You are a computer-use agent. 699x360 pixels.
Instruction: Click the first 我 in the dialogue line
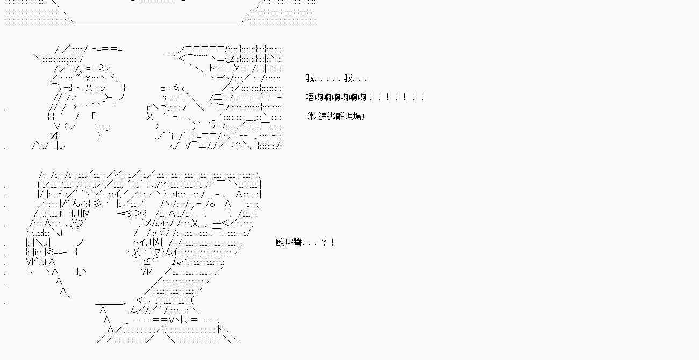coord(310,78)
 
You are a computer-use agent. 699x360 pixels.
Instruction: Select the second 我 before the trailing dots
coord(348,78)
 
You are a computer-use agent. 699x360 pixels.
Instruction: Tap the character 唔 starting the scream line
coord(310,97)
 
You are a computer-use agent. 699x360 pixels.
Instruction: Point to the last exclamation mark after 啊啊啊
coord(422,97)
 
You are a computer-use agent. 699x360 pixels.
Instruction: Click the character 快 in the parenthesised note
coord(315,117)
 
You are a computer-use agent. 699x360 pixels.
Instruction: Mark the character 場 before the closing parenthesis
coord(357,117)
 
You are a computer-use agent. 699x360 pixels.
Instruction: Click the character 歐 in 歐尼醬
coord(280,242)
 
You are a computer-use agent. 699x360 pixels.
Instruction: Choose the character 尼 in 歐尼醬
coord(289,242)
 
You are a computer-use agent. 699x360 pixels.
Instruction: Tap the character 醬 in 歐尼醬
coord(297,242)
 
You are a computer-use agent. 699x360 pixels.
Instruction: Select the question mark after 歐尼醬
coord(324,242)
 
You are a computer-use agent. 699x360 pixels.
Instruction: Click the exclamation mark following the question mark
coord(333,242)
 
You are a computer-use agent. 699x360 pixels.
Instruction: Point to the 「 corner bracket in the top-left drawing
coord(94,116)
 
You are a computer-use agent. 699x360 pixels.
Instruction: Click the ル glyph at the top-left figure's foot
coord(61,146)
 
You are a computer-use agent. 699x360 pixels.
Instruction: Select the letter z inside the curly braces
coord(232,59)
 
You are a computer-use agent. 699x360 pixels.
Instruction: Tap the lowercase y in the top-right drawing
coord(237,68)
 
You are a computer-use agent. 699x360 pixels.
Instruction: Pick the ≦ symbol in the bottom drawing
coord(146,262)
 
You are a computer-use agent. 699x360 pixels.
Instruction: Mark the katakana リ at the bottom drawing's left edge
coord(31,271)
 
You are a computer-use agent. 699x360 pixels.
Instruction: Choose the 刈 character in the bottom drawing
coord(158,242)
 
